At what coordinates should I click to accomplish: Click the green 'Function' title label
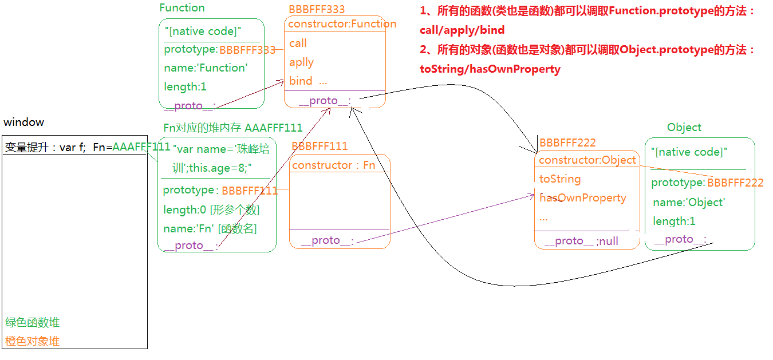point(182,8)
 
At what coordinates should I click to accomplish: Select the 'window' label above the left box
point(23,122)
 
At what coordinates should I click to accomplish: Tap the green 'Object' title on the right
point(684,128)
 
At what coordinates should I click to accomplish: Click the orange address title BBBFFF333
point(317,9)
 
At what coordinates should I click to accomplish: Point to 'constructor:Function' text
point(342,24)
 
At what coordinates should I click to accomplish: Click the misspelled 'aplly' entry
point(301,62)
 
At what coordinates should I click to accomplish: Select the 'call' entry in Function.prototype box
point(298,43)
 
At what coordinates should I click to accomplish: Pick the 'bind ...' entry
point(308,81)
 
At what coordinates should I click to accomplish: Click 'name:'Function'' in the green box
point(206,68)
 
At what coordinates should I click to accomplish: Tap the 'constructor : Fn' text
point(333,165)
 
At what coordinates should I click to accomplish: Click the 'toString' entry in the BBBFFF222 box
point(560,179)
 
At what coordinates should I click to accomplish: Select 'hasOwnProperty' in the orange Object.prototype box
point(583,198)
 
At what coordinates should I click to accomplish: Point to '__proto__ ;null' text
point(581,241)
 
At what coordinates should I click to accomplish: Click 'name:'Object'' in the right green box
point(689,203)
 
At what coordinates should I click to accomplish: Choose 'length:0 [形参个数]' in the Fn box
point(211,210)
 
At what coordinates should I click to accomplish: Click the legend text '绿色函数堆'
point(32,322)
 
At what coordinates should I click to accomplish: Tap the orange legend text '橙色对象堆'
point(32,342)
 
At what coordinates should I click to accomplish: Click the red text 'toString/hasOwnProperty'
point(490,69)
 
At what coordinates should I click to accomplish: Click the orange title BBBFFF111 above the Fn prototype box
point(320,147)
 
